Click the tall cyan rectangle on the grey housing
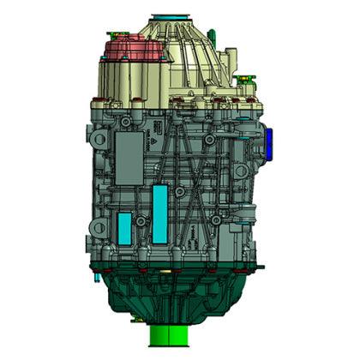(159, 213)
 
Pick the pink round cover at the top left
(134, 51)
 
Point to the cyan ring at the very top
(165, 16)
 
